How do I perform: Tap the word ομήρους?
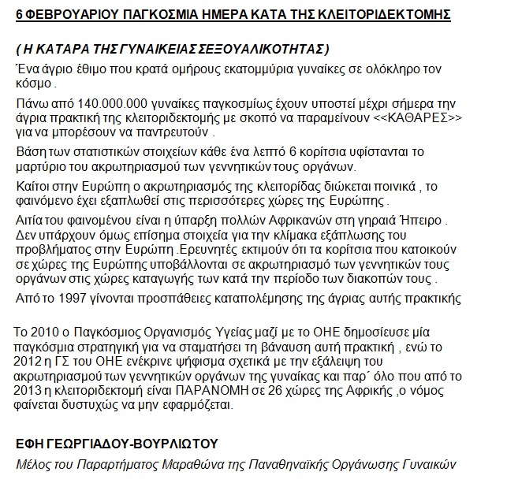pyautogui.click(x=174, y=69)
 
